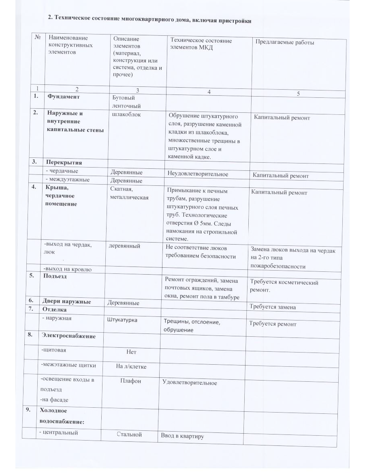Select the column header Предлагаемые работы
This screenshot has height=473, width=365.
(284, 42)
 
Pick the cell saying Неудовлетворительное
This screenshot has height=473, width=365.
(198, 174)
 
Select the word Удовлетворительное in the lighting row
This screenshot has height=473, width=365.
(190, 383)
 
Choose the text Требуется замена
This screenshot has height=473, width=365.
(272, 307)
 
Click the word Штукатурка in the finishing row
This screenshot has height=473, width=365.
(122, 320)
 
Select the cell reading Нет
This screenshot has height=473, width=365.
(131, 352)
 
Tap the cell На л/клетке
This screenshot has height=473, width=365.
(131, 367)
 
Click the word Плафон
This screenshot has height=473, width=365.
(131, 381)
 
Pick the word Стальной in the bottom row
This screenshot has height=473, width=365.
(129, 434)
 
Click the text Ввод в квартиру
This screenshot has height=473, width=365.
(182, 436)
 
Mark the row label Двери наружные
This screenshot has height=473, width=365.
(66, 301)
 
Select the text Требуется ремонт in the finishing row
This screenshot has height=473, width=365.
(272, 324)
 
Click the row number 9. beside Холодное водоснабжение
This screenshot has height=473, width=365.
(28, 410)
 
